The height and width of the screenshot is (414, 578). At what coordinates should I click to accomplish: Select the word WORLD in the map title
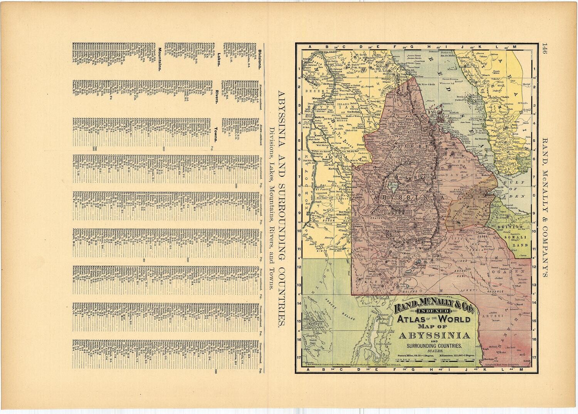(x=455, y=319)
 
